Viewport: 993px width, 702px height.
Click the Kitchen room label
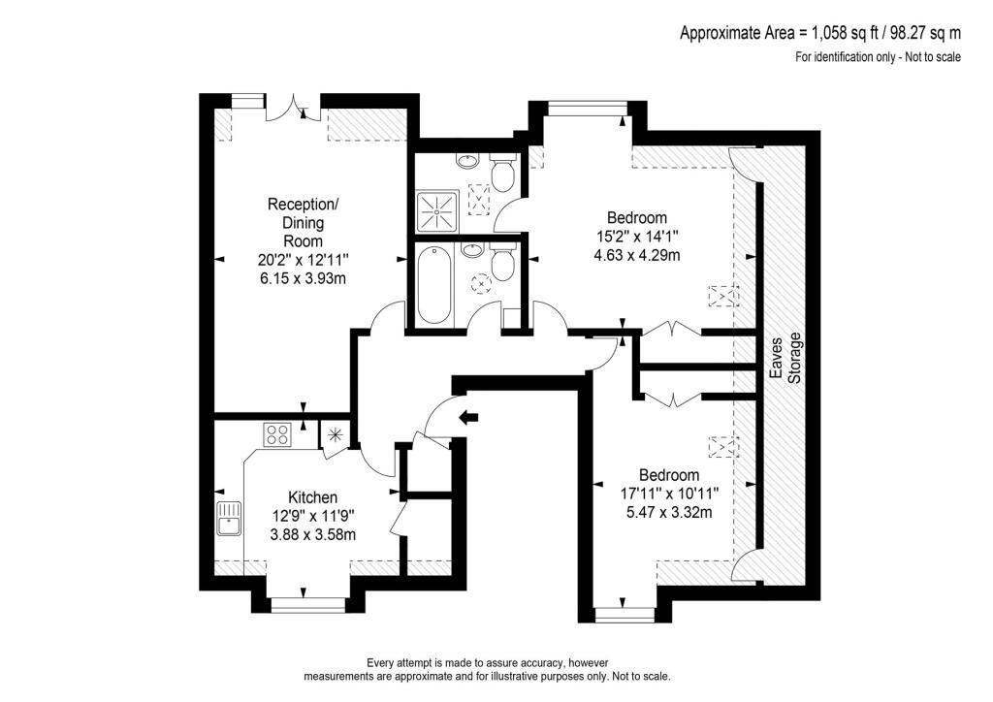click(x=304, y=497)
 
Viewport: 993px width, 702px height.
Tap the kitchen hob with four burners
click(x=277, y=434)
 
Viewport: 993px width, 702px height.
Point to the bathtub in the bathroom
click(x=433, y=284)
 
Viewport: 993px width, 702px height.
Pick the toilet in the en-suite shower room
click(x=501, y=174)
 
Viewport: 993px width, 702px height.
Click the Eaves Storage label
click(x=785, y=358)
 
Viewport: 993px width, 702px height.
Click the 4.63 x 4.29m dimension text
click(x=636, y=256)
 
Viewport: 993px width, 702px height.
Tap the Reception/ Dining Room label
click(x=304, y=222)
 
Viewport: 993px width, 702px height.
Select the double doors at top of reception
click(x=293, y=107)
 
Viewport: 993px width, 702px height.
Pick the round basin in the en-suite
click(x=467, y=160)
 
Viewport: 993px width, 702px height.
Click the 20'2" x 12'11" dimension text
click(x=304, y=260)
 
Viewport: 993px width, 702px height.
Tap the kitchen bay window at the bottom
click(x=304, y=603)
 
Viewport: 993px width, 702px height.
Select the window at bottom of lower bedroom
click(x=623, y=613)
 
